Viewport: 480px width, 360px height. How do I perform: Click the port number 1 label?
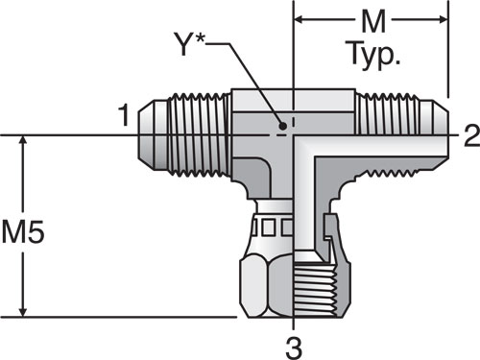[124, 115]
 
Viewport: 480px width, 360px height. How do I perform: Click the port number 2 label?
[471, 135]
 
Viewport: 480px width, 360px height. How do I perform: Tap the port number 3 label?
[294, 348]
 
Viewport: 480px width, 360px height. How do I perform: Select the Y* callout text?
[189, 44]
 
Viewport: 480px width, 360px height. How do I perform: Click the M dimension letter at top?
[373, 21]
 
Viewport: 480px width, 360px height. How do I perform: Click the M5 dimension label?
[22, 231]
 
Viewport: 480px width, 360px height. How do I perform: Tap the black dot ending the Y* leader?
[283, 126]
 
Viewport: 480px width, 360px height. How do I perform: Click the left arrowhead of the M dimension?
[299, 20]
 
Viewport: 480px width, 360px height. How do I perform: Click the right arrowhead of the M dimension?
[444, 20]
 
